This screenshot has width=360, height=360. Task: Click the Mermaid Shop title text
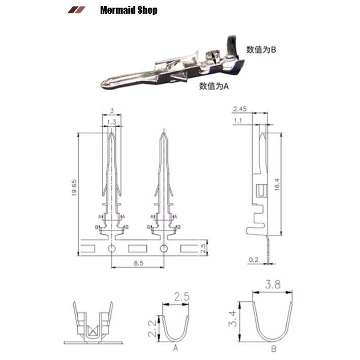point(129,10)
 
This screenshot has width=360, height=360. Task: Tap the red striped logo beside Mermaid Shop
point(76,10)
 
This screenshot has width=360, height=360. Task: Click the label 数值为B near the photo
point(261,50)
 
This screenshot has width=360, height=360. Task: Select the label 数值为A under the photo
point(214,86)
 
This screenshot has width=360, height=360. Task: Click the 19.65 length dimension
point(74,189)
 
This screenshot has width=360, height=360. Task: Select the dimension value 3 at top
point(111,110)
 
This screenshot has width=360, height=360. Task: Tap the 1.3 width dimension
point(111,122)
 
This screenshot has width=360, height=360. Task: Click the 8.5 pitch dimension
point(137,263)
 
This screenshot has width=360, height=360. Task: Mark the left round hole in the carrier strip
point(111,249)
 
